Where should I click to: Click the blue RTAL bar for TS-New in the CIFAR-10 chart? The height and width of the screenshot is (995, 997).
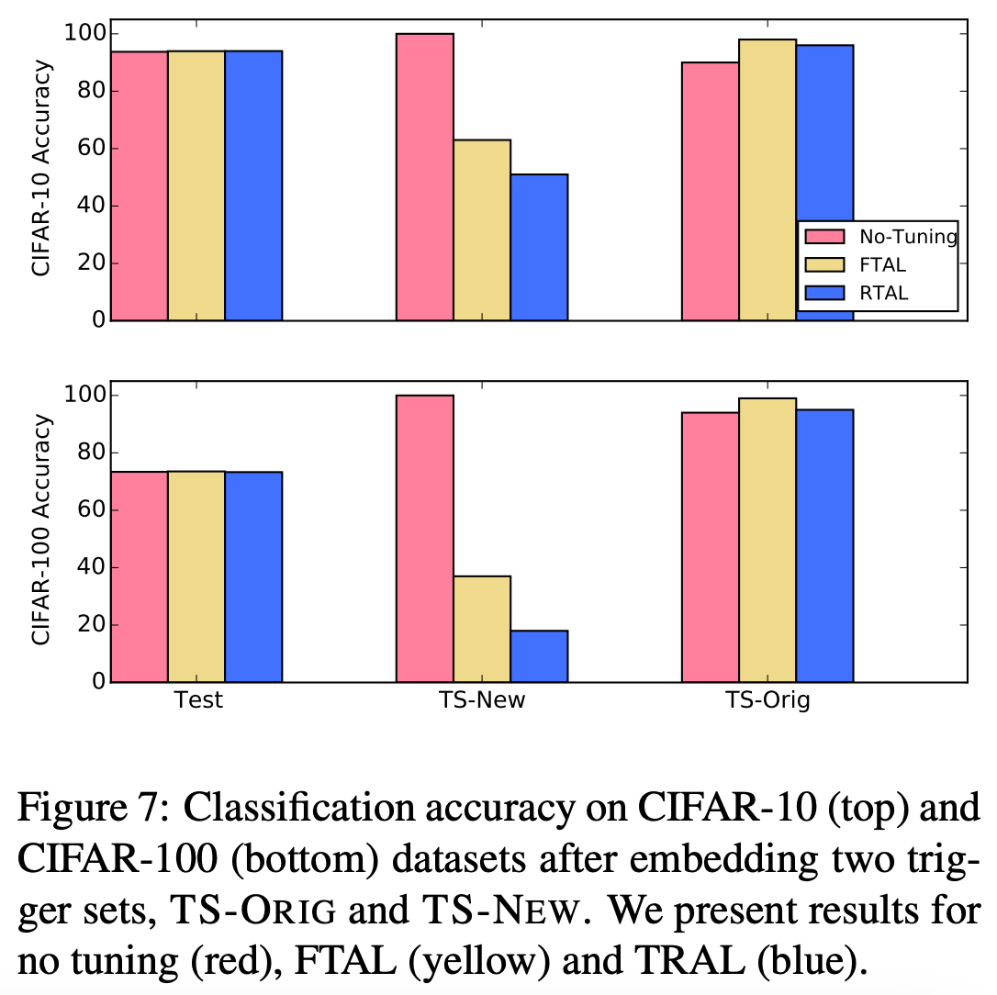pyautogui.click(x=539, y=247)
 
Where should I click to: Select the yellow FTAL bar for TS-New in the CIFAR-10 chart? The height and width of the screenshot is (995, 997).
pyautogui.click(x=482, y=230)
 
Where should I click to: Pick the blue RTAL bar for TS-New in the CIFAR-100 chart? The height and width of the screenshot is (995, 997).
pyautogui.click(x=539, y=656)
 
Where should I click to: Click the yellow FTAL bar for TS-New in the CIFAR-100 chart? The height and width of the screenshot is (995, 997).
pyautogui.click(x=482, y=629)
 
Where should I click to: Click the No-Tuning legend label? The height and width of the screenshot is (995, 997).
pyautogui.click(x=907, y=237)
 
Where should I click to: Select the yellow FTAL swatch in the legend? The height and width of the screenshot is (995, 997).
pyautogui.click(x=824, y=265)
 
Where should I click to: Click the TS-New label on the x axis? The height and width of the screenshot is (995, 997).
pyautogui.click(x=482, y=701)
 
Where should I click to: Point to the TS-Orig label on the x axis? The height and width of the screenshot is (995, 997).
pyautogui.click(x=767, y=701)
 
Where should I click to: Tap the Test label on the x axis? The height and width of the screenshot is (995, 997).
pyautogui.click(x=198, y=701)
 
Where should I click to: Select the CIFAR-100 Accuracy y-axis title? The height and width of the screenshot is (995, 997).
pyautogui.click(x=41, y=531)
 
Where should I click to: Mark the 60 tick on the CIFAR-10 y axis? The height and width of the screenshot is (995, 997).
pyautogui.click(x=86, y=149)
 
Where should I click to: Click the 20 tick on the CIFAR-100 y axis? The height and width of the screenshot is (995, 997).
pyautogui.click(x=86, y=625)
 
